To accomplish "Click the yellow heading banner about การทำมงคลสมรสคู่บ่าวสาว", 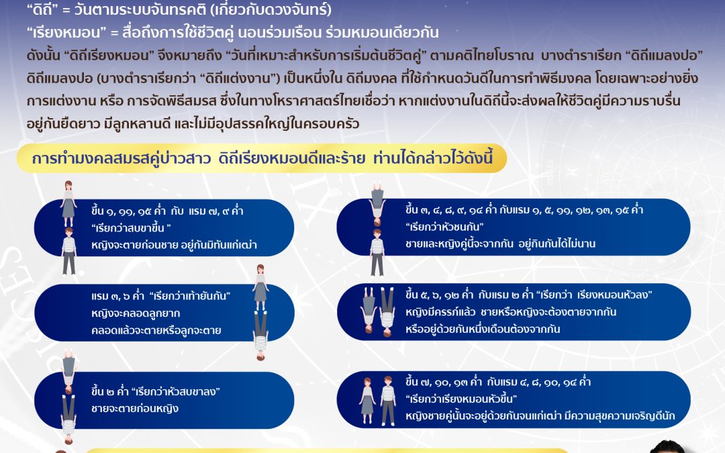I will [269, 160].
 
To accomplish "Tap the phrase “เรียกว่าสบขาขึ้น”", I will [130, 228].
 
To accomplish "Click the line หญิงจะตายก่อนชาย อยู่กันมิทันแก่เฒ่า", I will [174, 246].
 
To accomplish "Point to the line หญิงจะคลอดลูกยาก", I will [131, 313].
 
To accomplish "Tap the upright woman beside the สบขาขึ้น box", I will [68, 203].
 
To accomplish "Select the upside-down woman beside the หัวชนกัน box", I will [377, 205].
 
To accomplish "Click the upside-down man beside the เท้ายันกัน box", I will [260, 334].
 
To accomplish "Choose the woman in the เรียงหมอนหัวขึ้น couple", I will [367, 400].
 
